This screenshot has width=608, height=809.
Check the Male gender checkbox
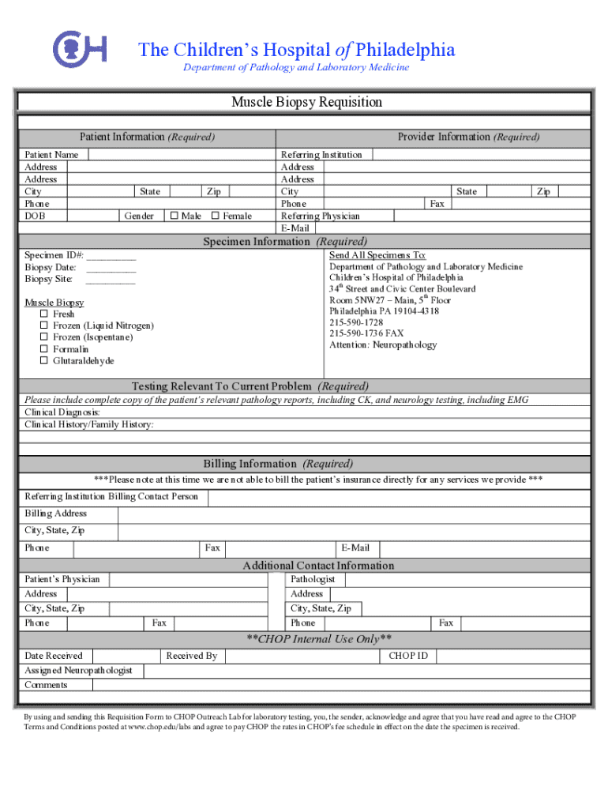click(x=174, y=216)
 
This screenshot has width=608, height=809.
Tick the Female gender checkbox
click(x=216, y=216)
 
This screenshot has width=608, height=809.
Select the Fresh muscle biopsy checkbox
click(x=44, y=314)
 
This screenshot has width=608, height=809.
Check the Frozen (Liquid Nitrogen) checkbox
click(x=44, y=325)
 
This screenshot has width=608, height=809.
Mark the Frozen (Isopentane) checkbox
click(x=44, y=337)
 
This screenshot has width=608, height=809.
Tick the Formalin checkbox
click(x=44, y=349)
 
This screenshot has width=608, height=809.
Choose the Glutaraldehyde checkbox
click(x=44, y=361)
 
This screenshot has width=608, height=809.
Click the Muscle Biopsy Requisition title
click(x=306, y=103)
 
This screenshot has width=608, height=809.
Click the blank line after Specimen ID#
click(x=111, y=256)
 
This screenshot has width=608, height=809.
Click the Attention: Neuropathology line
click(x=382, y=344)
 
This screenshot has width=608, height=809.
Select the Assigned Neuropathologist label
click(x=78, y=671)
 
